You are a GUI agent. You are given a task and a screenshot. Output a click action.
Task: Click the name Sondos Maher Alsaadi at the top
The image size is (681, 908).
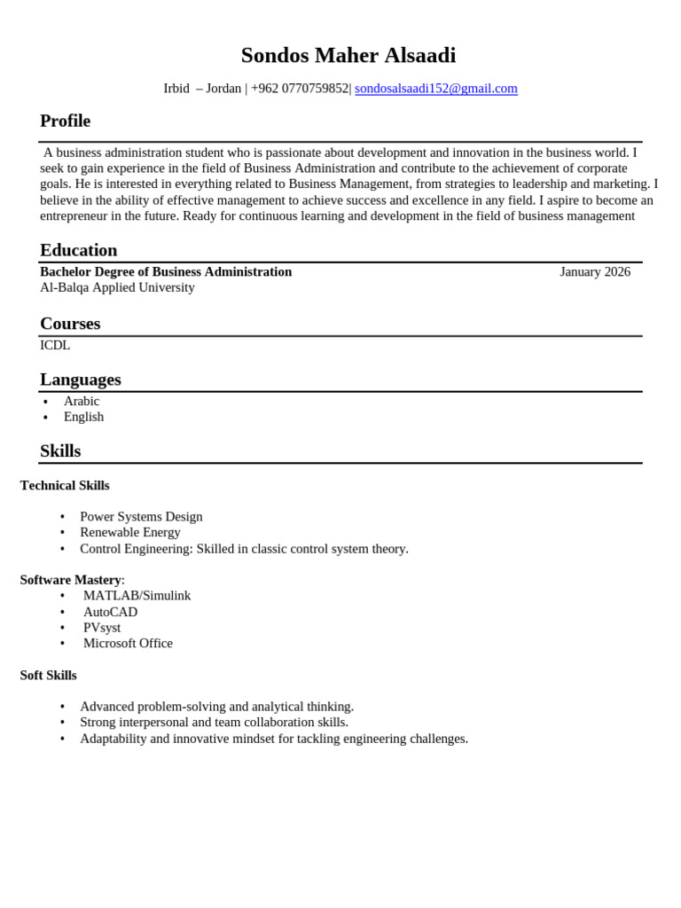click(348, 56)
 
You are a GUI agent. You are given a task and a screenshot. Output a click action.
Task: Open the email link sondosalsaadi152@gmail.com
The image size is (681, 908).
click(435, 89)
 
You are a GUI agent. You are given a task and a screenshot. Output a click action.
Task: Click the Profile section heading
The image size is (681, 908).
click(65, 121)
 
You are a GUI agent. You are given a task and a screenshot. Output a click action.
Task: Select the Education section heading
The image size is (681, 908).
click(78, 250)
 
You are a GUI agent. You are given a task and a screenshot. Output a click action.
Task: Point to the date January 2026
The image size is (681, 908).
click(594, 272)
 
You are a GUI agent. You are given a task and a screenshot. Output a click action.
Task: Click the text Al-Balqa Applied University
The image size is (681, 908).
click(117, 288)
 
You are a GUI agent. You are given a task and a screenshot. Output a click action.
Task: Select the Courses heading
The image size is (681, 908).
click(70, 324)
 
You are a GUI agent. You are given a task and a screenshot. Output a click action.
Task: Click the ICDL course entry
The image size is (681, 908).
click(55, 346)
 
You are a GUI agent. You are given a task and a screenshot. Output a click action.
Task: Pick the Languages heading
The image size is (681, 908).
click(80, 380)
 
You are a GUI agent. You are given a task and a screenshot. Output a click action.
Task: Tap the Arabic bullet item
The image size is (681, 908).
click(82, 402)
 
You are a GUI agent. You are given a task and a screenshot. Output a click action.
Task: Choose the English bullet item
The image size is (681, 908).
click(83, 417)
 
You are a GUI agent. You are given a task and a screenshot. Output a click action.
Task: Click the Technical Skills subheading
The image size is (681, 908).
click(65, 486)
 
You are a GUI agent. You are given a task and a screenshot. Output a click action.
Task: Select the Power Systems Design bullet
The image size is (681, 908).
click(141, 517)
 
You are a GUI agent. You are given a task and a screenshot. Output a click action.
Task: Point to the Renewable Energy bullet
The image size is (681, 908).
click(129, 533)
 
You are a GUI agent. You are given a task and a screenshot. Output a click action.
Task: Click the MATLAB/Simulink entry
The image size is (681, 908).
click(137, 596)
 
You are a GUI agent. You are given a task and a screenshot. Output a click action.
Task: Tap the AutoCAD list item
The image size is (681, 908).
click(110, 612)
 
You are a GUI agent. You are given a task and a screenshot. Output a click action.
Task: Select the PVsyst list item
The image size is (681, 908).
click(102, 628)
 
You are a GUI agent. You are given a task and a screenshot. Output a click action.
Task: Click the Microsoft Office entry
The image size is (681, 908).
click(128, 644)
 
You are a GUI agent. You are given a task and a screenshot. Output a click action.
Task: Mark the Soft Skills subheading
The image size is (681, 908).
click(48, 676)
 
